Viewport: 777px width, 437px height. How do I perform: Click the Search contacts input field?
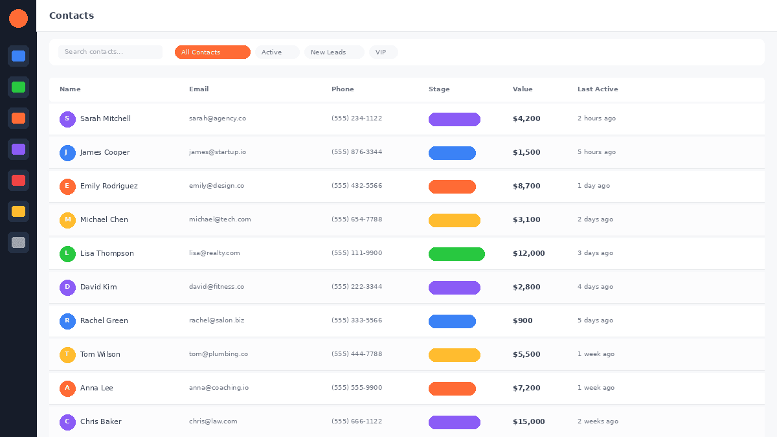tap(110, 52)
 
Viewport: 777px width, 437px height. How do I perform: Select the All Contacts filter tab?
tap(212, 52)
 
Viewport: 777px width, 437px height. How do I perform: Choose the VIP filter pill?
tap(383, 52)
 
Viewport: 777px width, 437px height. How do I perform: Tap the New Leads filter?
tap(334, 52)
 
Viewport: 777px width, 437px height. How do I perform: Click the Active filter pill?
tap(277, 52)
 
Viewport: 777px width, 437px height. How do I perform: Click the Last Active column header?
tap(598, 89)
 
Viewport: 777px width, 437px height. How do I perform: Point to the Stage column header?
tap(439, 89)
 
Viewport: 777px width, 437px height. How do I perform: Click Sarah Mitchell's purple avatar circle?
tap(67, 119)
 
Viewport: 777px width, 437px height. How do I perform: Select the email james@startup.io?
tap(218, 152)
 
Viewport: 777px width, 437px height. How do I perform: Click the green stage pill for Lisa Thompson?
tap(456, 254)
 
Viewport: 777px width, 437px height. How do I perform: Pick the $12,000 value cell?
tap(528, 254)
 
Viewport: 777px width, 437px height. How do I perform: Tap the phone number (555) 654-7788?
tap(357, 219)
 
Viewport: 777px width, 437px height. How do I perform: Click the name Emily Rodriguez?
tap(109, 186)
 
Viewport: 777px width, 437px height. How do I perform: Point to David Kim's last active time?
tap(595, 287)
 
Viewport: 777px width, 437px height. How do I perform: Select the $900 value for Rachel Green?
tap(523, 321)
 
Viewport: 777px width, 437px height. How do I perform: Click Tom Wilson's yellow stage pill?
tap(455, 355)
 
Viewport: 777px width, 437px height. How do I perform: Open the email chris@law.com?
tap(213, 421)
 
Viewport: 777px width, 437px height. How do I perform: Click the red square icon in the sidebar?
tap(18, 180)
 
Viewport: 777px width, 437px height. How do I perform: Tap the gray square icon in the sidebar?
tap(18, 242)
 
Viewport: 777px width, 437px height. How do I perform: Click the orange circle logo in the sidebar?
tap(18, 18)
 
